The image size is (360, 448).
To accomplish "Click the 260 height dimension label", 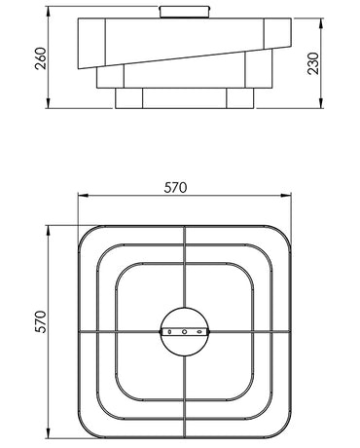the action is (x=42, y=58).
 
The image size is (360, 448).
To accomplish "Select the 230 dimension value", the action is (x=313, y=63).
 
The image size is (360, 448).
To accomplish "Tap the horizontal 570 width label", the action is (x=175, y=188).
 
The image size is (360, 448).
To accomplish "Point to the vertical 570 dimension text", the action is (x=41, y=321).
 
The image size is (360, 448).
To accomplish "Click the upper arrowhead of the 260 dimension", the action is (x=48, y=13).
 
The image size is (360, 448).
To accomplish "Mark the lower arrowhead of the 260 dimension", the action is (x=48, y=102).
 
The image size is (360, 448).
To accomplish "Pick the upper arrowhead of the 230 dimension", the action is (x=321, y=24).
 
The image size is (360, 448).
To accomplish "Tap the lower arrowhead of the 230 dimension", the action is (x=321, y=102).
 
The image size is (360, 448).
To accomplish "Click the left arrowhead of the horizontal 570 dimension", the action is (x=84, y=196).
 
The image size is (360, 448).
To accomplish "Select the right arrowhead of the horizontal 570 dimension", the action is (x=285, y=196).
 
